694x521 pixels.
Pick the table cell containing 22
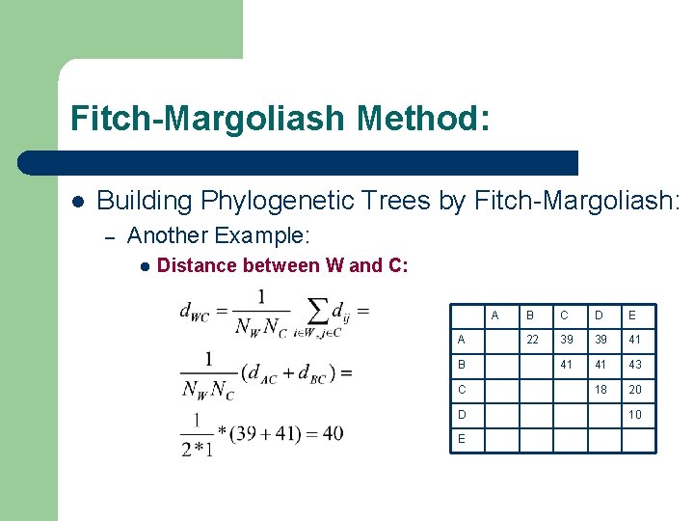[x=532, y=340]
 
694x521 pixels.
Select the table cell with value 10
[x=636, y=415]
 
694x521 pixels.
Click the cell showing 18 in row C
[x=601, y=390]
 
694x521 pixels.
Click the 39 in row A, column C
[x=567, y=340]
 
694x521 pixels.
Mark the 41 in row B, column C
[x=567, y=365]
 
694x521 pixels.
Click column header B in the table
[x=529, y=315]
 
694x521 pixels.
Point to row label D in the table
[x=462, y=415]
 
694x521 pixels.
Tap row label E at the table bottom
[x=462, y=440]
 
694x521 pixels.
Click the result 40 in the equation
[x=332, y=433]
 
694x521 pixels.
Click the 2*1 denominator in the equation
[x=197, y=449]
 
